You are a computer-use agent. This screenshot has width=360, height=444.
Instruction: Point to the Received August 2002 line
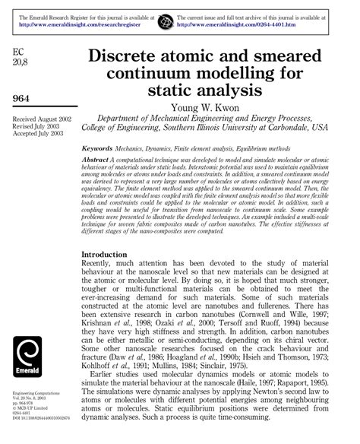point(44,119)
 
